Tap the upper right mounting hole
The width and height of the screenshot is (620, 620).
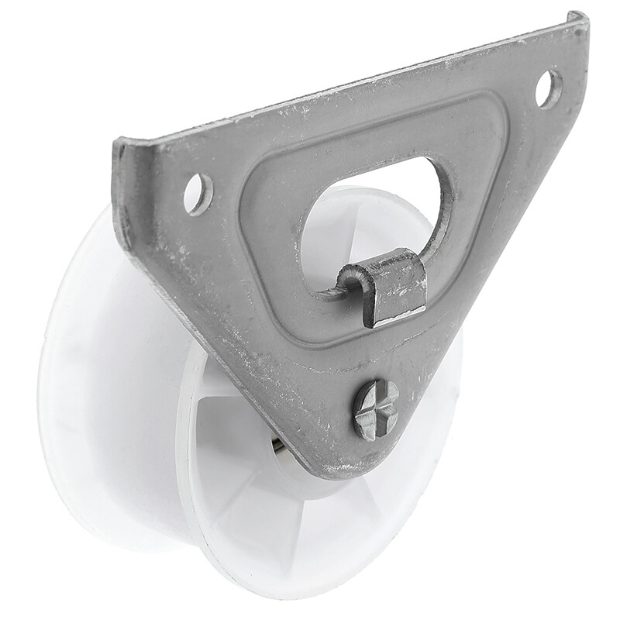point(549,88)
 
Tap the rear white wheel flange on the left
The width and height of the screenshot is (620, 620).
point(85,372)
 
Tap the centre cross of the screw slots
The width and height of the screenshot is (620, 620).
point(377,408)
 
